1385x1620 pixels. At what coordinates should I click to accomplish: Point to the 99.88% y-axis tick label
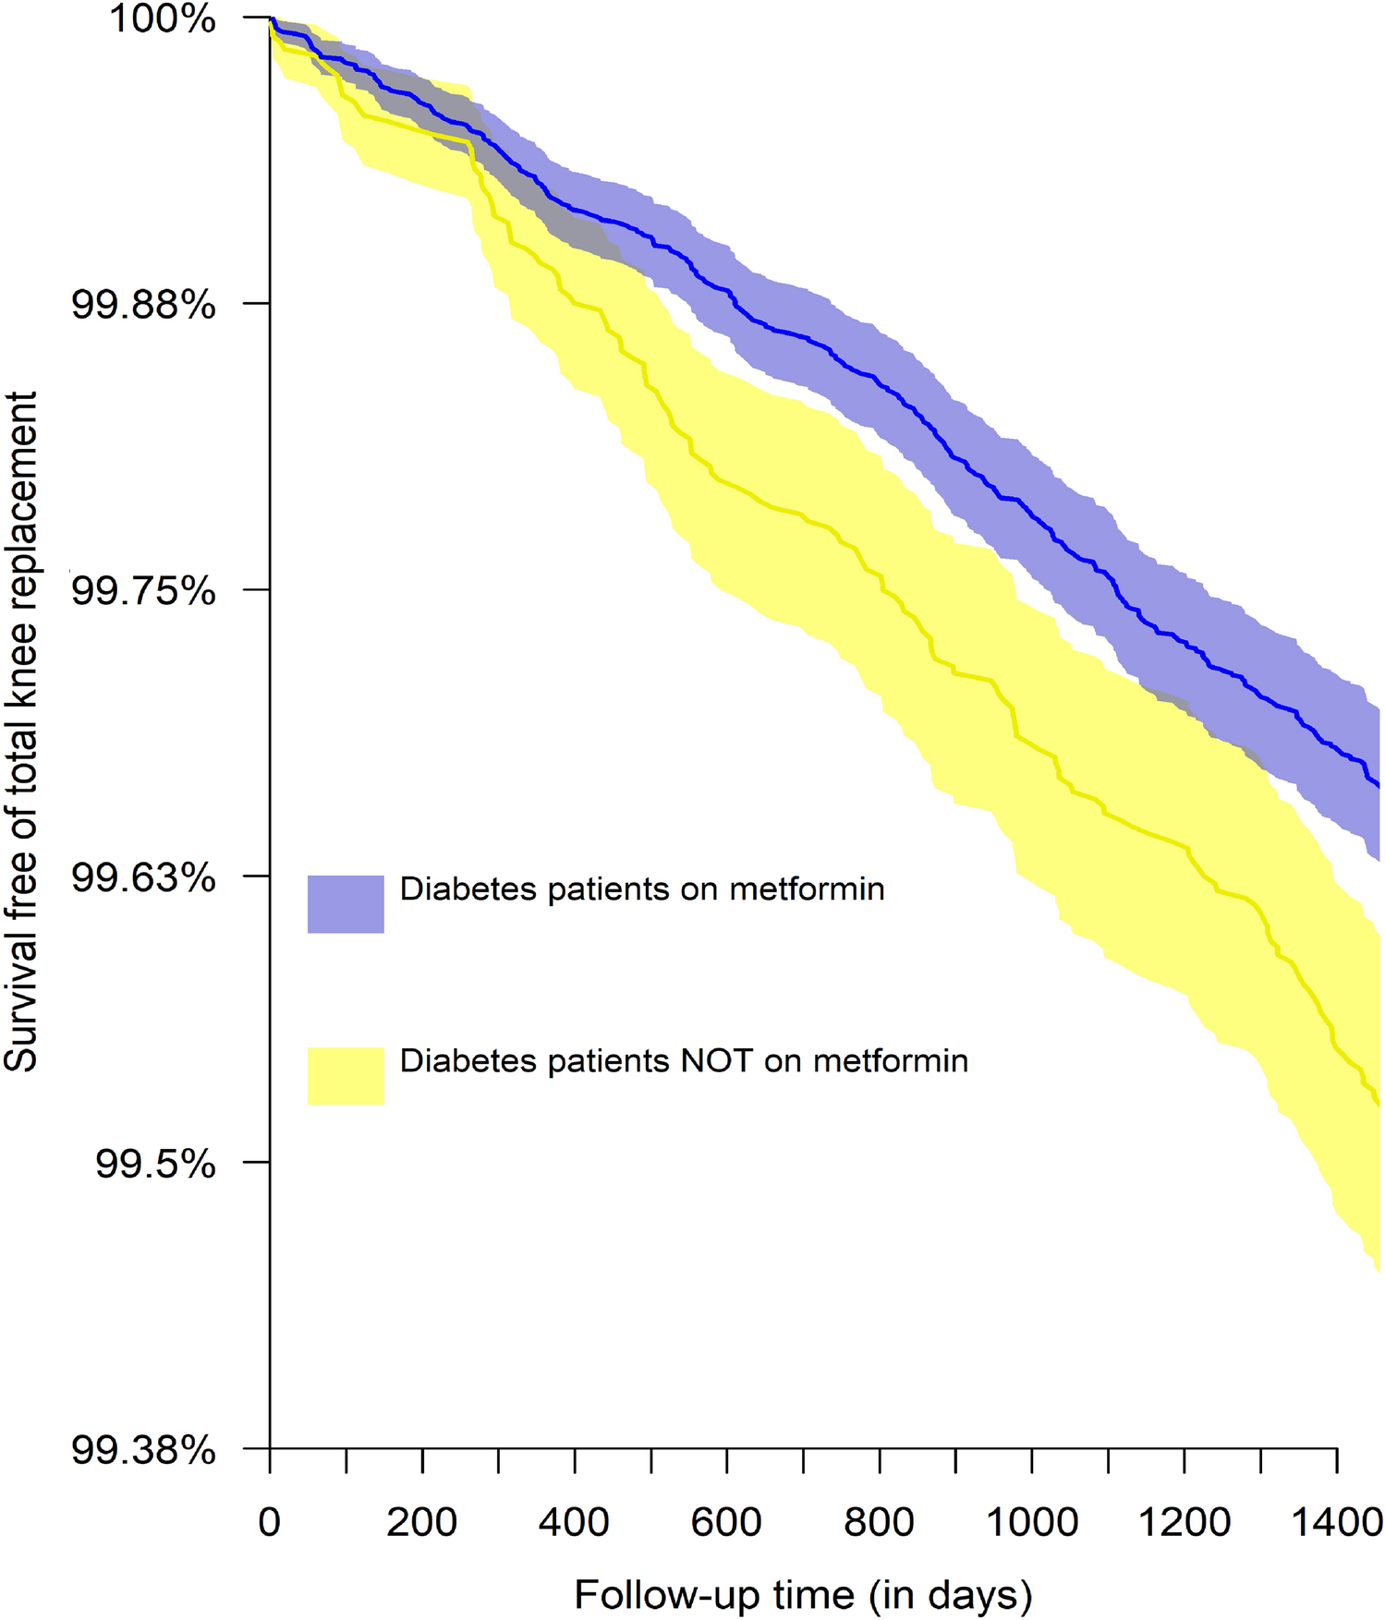143,304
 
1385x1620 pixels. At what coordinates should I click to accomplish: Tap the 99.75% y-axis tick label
143,590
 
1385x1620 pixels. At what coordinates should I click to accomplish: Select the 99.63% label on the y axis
143,876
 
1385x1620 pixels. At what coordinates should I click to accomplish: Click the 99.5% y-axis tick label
155,1164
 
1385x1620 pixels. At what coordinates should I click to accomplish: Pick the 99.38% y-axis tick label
143,1450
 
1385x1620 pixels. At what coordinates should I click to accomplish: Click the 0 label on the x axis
269,1521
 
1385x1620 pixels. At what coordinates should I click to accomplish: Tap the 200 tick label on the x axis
421,1521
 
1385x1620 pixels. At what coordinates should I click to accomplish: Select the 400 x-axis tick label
574,1521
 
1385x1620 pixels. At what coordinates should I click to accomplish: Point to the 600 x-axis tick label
726,1521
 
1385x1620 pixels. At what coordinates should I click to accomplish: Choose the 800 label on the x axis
879,1521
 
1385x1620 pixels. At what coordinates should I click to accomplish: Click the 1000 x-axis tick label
1031,1521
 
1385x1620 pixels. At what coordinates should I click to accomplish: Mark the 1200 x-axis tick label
1184,1521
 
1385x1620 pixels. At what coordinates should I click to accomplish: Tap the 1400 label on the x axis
1335,1521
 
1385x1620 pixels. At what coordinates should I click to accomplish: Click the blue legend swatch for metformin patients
346,903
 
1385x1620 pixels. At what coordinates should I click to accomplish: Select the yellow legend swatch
346,1075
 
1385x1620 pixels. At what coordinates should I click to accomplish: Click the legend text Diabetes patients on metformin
642,889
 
